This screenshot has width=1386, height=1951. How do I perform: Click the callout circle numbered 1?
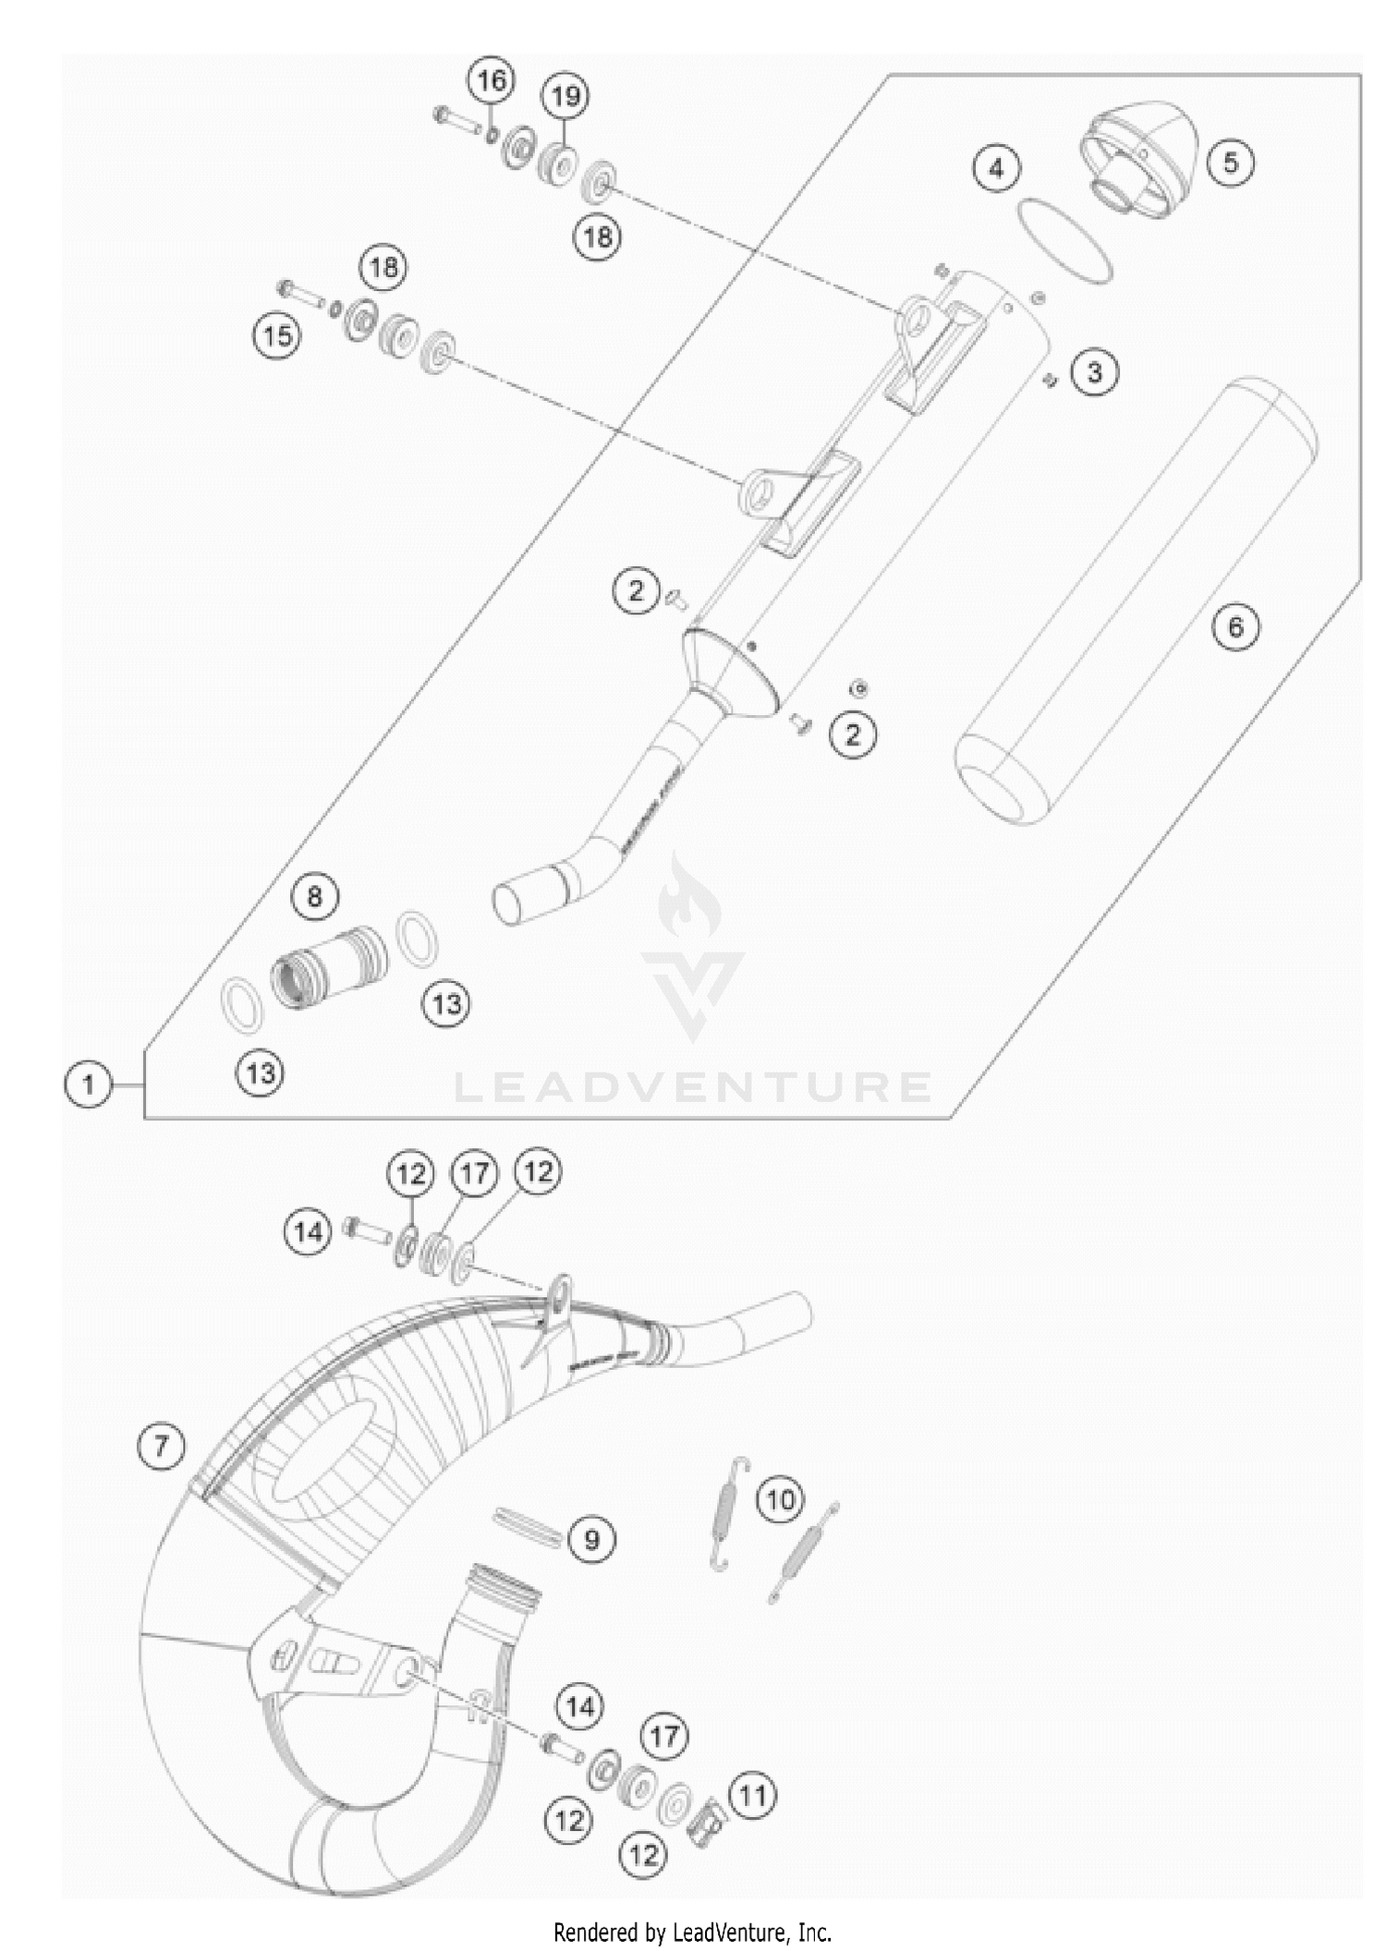pos(88,1084)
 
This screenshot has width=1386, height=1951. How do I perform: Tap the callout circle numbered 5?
pos(1230,163)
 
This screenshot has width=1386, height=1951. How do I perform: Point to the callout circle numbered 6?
pos(1235,628)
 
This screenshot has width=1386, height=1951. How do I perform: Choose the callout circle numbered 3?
pos(1094,372)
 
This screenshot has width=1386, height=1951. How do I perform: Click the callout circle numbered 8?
pos(314,896)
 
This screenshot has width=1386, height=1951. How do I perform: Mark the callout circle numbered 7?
pos(162,1445)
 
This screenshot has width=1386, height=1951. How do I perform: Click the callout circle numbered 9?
pos(591,1539)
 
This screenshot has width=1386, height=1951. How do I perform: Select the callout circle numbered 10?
pos(780,1499)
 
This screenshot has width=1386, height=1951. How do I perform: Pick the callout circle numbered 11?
pos(753,1796)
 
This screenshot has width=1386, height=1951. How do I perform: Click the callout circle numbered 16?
pos(492,81)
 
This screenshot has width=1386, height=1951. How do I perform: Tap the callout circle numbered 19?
pos(566,96)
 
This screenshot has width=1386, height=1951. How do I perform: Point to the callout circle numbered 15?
pos(277,335)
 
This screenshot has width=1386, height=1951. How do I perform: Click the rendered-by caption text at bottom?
pos(692,1932)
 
